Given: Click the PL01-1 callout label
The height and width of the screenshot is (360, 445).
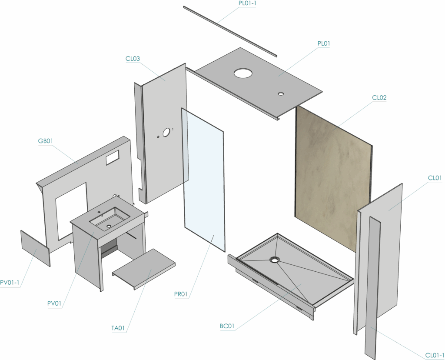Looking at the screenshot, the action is point(247,3).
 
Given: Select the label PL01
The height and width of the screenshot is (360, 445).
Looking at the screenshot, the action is point(323,44).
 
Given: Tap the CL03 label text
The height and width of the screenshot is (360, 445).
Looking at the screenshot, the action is point(133,59).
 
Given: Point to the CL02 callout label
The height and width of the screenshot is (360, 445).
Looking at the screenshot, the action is point(379,98).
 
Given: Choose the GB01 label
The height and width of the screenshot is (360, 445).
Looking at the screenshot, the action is point(45,141).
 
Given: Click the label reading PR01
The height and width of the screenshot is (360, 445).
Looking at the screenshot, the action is point(181,294).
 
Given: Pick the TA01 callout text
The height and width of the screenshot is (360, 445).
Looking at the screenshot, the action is point(118,328).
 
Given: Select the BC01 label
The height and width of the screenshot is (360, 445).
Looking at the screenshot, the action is point(227,326).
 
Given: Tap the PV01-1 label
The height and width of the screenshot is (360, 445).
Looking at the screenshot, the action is point(10,283).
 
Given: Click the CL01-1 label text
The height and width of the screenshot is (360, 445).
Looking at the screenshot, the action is point(435,356).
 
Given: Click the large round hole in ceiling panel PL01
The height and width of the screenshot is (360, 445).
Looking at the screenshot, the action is point(243,73).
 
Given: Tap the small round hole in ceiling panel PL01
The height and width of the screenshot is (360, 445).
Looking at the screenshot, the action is point(281,93).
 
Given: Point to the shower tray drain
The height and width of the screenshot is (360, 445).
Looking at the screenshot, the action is point(275,260).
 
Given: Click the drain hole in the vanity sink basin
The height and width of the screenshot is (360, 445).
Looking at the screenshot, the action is point(109,226).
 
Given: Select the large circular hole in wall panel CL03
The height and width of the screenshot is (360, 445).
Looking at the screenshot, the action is point(166,132).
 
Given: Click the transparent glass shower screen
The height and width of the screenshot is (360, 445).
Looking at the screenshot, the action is point(203,180).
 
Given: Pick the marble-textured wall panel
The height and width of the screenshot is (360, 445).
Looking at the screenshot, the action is point(333,179).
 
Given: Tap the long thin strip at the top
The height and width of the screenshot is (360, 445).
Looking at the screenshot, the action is point(230,31).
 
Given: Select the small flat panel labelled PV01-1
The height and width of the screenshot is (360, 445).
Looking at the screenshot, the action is point(36,248).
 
